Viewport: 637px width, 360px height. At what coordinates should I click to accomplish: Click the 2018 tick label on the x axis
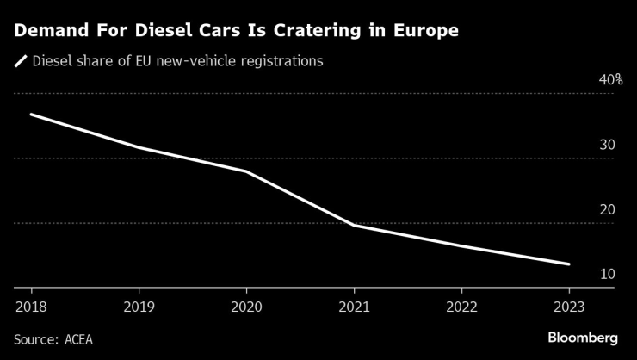tap(31, 306)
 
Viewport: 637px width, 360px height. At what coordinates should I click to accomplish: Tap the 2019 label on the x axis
tap(139, 306)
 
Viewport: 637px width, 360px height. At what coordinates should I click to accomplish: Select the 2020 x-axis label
tap(246, 306)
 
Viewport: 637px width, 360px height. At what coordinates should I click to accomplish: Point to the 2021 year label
tap(354, 306)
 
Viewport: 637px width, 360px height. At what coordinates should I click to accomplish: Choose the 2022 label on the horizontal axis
tap(461, 306)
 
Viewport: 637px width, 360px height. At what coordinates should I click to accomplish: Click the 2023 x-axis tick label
tap(569, 306)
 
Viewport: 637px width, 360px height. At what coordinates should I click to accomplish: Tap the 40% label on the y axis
tap(610, 80)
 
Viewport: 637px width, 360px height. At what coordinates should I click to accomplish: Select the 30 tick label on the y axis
tap(607, 145)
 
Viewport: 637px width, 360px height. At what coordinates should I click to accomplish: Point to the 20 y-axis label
tap(607, 209)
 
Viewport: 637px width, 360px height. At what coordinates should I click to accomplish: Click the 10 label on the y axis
tap(607, 274)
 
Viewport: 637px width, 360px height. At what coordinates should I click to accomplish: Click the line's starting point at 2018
tap(31, 115)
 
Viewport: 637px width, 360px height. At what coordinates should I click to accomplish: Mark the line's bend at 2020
tap(246, 171)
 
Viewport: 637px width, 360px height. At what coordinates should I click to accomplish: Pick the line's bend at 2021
tap(354, 225)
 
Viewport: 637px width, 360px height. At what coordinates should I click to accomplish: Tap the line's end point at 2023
tap(569, 264)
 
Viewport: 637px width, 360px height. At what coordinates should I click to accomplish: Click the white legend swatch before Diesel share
tap(20, 61)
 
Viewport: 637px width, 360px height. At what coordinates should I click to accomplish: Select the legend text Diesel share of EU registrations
tap(177, 61)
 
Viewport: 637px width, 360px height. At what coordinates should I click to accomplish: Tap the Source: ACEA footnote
tap(53, 339)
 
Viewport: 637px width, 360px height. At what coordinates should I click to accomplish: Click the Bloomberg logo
tap(582, 338)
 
